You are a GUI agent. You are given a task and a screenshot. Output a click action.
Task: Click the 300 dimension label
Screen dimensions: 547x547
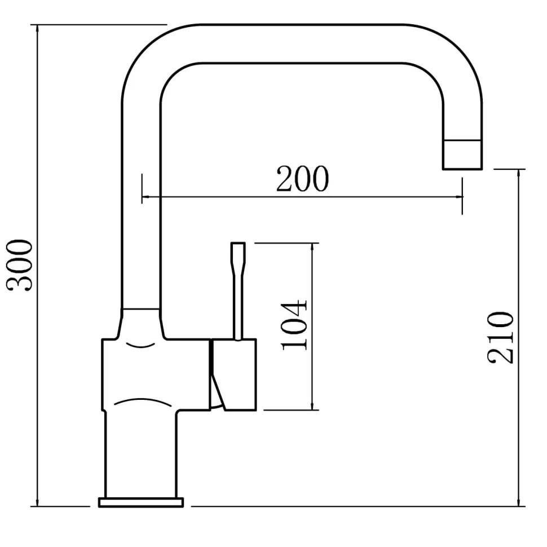tap(20, 265)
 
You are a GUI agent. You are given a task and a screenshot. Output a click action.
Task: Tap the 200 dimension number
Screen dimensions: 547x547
tap(302, 179)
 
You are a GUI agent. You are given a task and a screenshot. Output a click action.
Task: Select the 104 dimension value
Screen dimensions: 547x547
tap(294, 325)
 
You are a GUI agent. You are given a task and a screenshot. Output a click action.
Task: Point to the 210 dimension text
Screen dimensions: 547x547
tap(500, 338)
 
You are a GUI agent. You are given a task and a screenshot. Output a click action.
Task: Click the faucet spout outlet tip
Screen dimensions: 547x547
tap(462, 155)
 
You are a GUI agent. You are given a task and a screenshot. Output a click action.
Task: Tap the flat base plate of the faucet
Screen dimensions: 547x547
tap(141, 502)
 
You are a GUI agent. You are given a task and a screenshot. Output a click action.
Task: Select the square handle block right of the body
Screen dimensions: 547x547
tap(233, 374)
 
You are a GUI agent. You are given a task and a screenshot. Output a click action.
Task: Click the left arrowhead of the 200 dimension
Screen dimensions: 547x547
tap(146, 197)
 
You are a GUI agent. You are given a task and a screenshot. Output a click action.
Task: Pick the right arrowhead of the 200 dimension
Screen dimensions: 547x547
tap(458, 197)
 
